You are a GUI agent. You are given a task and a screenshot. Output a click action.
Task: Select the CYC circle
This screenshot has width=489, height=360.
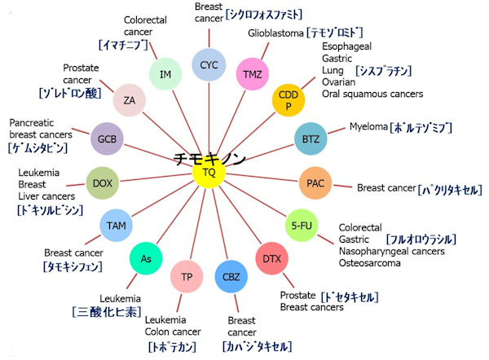point(209,64)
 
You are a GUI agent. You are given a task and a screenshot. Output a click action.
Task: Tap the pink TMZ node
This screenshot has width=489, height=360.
point(253,74)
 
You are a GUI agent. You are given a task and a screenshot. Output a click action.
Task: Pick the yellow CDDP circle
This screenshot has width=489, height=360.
point(288,100)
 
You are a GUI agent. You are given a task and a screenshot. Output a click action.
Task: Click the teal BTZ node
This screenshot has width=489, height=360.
point(311,138)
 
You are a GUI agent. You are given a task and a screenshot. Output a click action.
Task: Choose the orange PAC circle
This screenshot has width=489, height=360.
point(315,182)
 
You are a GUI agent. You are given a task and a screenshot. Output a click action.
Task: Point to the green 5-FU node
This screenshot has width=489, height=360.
point(301,225)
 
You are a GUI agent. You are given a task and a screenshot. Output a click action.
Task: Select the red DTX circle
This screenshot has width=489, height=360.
point(271,259)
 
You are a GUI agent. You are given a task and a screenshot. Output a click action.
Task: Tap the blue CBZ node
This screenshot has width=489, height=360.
point(231,277)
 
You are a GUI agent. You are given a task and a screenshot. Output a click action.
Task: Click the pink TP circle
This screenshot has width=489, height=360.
point(187,277)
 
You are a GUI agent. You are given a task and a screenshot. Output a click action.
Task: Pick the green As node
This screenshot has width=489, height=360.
point(146,259)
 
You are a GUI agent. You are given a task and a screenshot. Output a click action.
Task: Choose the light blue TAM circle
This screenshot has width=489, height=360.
point(115,224)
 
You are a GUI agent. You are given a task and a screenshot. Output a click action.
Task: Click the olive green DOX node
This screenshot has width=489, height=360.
point(103,182)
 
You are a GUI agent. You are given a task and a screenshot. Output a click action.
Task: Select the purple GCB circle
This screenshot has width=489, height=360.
point(108,138)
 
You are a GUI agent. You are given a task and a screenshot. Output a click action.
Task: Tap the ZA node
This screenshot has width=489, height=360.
point(130,100)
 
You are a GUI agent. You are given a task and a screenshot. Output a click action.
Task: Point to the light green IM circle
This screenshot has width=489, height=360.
point(165,74)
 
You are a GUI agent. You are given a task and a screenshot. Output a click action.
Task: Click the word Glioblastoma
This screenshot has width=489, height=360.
point(275,33)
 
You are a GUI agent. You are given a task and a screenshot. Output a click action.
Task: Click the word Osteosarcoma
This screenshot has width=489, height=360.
point(372,264)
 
